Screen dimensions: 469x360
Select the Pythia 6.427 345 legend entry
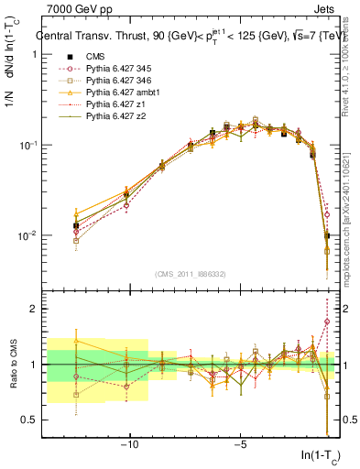[x=118, y=70]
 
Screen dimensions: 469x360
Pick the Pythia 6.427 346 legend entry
[x=118, y=82]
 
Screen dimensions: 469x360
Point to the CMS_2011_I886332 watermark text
[x=191, y=274]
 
